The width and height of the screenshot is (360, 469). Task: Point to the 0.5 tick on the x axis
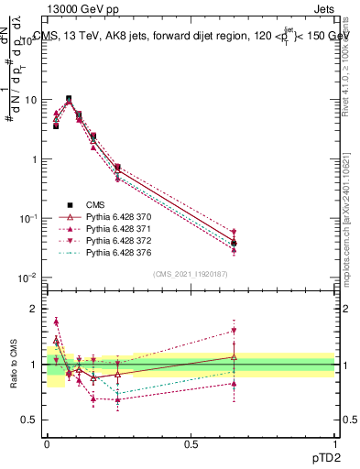tap(191, 443)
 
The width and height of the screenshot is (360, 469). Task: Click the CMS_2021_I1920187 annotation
tap(190, 274)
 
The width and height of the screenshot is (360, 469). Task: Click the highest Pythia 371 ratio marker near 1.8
tap(56, 322)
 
